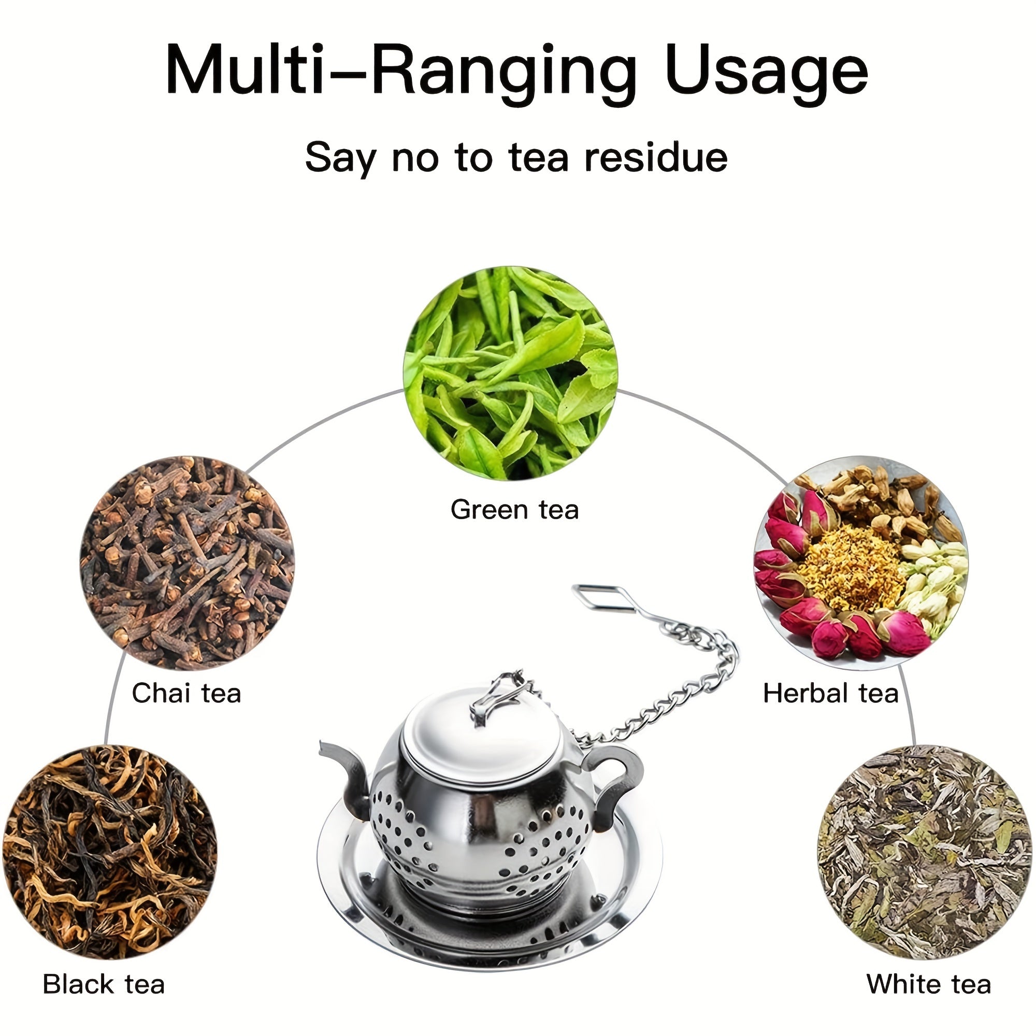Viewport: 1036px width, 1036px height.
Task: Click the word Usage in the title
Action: click(766, 72)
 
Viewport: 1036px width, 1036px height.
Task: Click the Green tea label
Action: click(515, 509)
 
